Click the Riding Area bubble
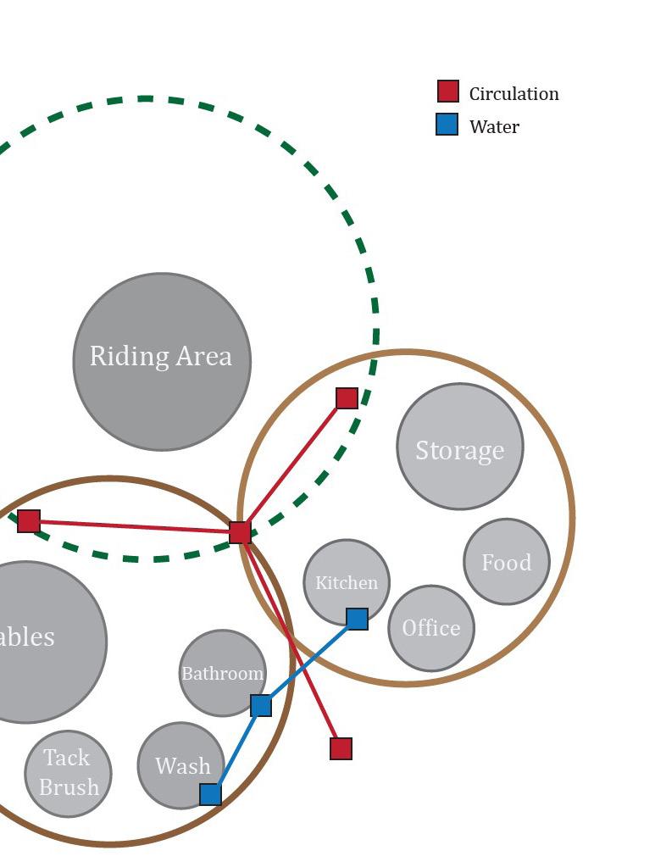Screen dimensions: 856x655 (162, 362)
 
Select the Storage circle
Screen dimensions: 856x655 (460, 447)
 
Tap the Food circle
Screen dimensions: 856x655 (507, 562)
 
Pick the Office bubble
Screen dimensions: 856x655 (431, 628)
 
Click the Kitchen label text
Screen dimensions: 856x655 (347, 583)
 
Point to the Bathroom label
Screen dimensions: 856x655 (223, 674)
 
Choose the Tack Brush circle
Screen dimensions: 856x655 (68, 774)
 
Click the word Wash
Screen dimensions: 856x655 (182, 766)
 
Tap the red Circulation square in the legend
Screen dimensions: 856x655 (447, 92)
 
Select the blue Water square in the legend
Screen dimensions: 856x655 (447, 125)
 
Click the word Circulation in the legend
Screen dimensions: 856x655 (513, 93)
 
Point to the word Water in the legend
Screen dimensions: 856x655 (494, 126)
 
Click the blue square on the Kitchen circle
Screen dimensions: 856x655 (357, 619)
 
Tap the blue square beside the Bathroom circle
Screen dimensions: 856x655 (261, 705)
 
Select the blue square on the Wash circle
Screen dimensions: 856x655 (210, 794)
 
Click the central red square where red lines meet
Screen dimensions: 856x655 (240, 532)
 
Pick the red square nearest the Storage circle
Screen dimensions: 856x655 (347, 398)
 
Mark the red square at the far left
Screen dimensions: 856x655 (29, 521)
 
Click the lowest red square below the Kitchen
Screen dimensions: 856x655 (341, 748)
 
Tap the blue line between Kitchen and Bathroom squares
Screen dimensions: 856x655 (309, 662)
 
